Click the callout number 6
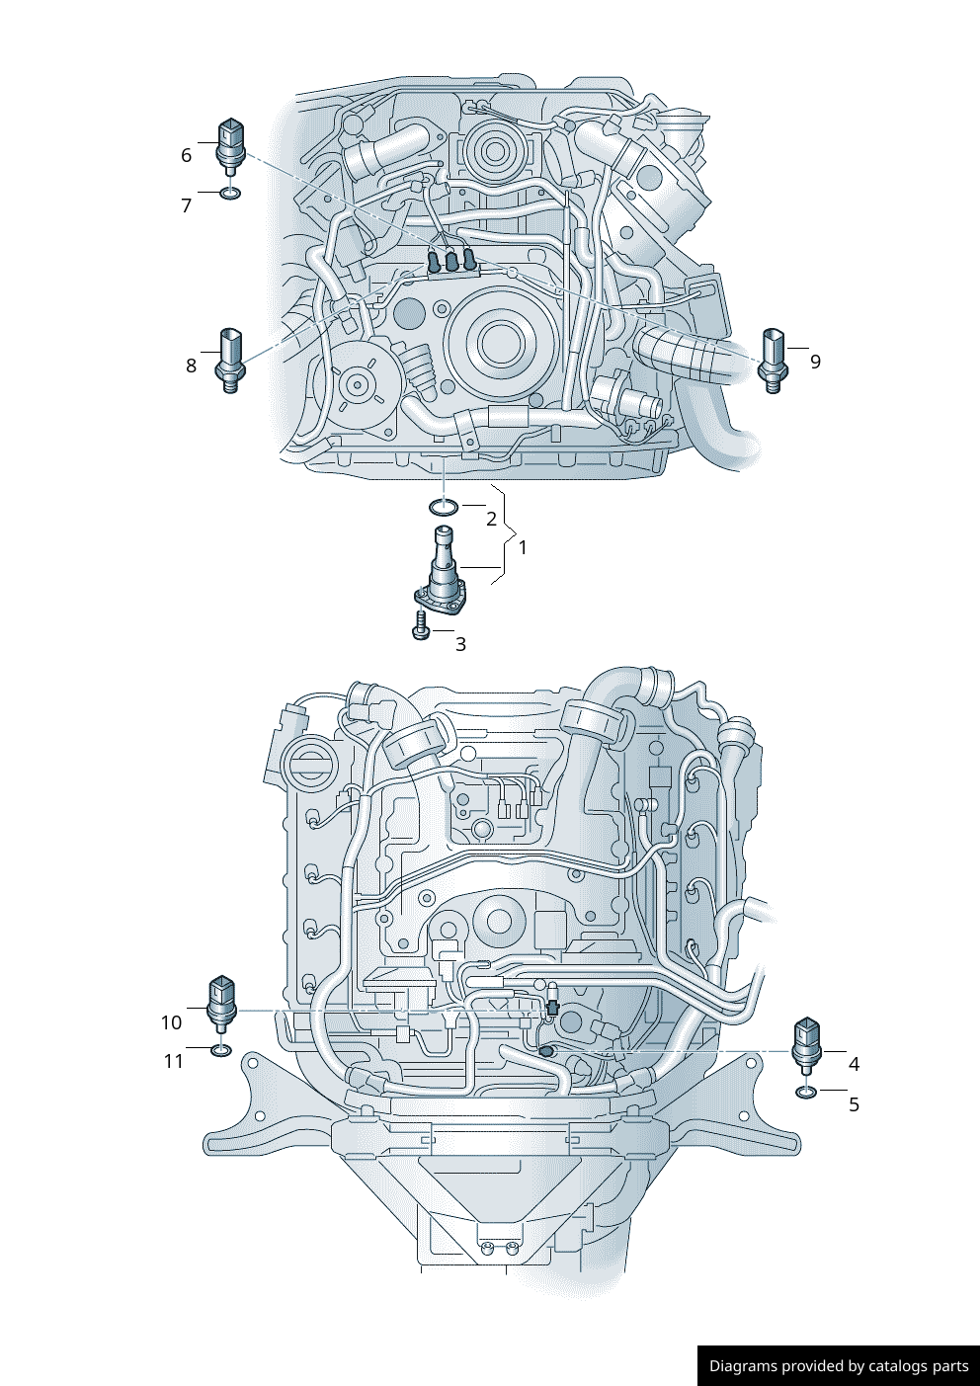[186, 155]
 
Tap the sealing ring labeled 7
[229, 193]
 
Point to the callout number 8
[191, 366]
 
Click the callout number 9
[815, 362]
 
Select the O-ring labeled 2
[444, 508]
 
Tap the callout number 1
[523, 547]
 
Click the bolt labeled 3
[421, 625]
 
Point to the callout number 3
[460, 644]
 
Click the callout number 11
[174, 1061]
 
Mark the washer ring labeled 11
[221, 1049]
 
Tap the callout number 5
[855, 1104]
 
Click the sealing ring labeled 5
[806, 1093]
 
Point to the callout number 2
[491, 519]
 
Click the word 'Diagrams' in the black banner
[743, 1366]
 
